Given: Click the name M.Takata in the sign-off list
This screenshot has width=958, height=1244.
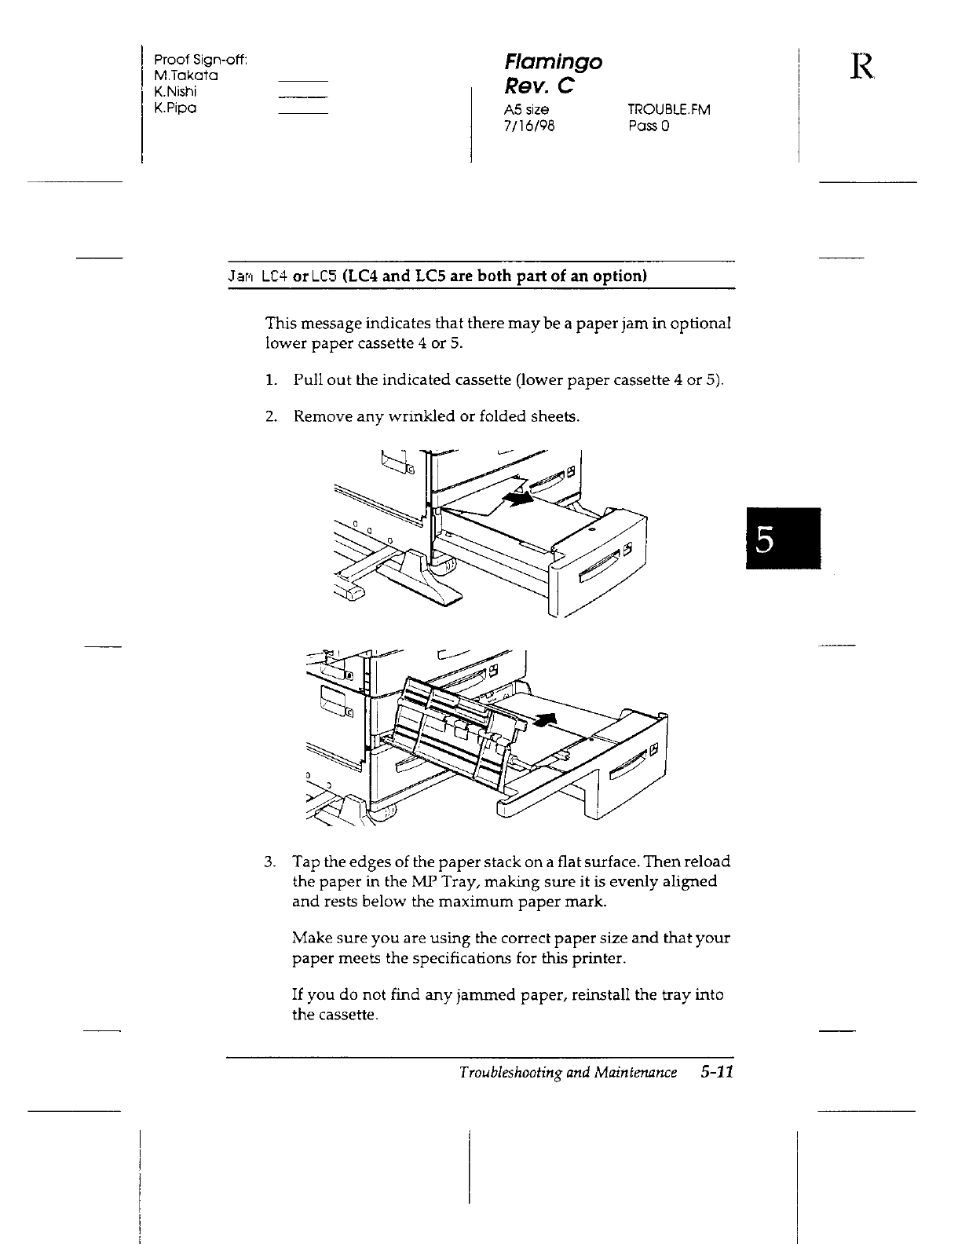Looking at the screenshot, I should tap(186, 76).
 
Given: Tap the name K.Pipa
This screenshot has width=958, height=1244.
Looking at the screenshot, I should tap(175, 108).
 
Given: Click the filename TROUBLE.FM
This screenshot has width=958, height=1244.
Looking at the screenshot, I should tap(669, 110).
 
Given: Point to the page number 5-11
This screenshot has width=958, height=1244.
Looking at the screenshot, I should tap(713, 1073).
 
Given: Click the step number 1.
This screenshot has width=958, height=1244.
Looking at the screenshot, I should tap(269, 381).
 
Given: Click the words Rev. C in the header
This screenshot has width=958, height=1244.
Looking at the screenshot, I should tap(539, 86).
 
